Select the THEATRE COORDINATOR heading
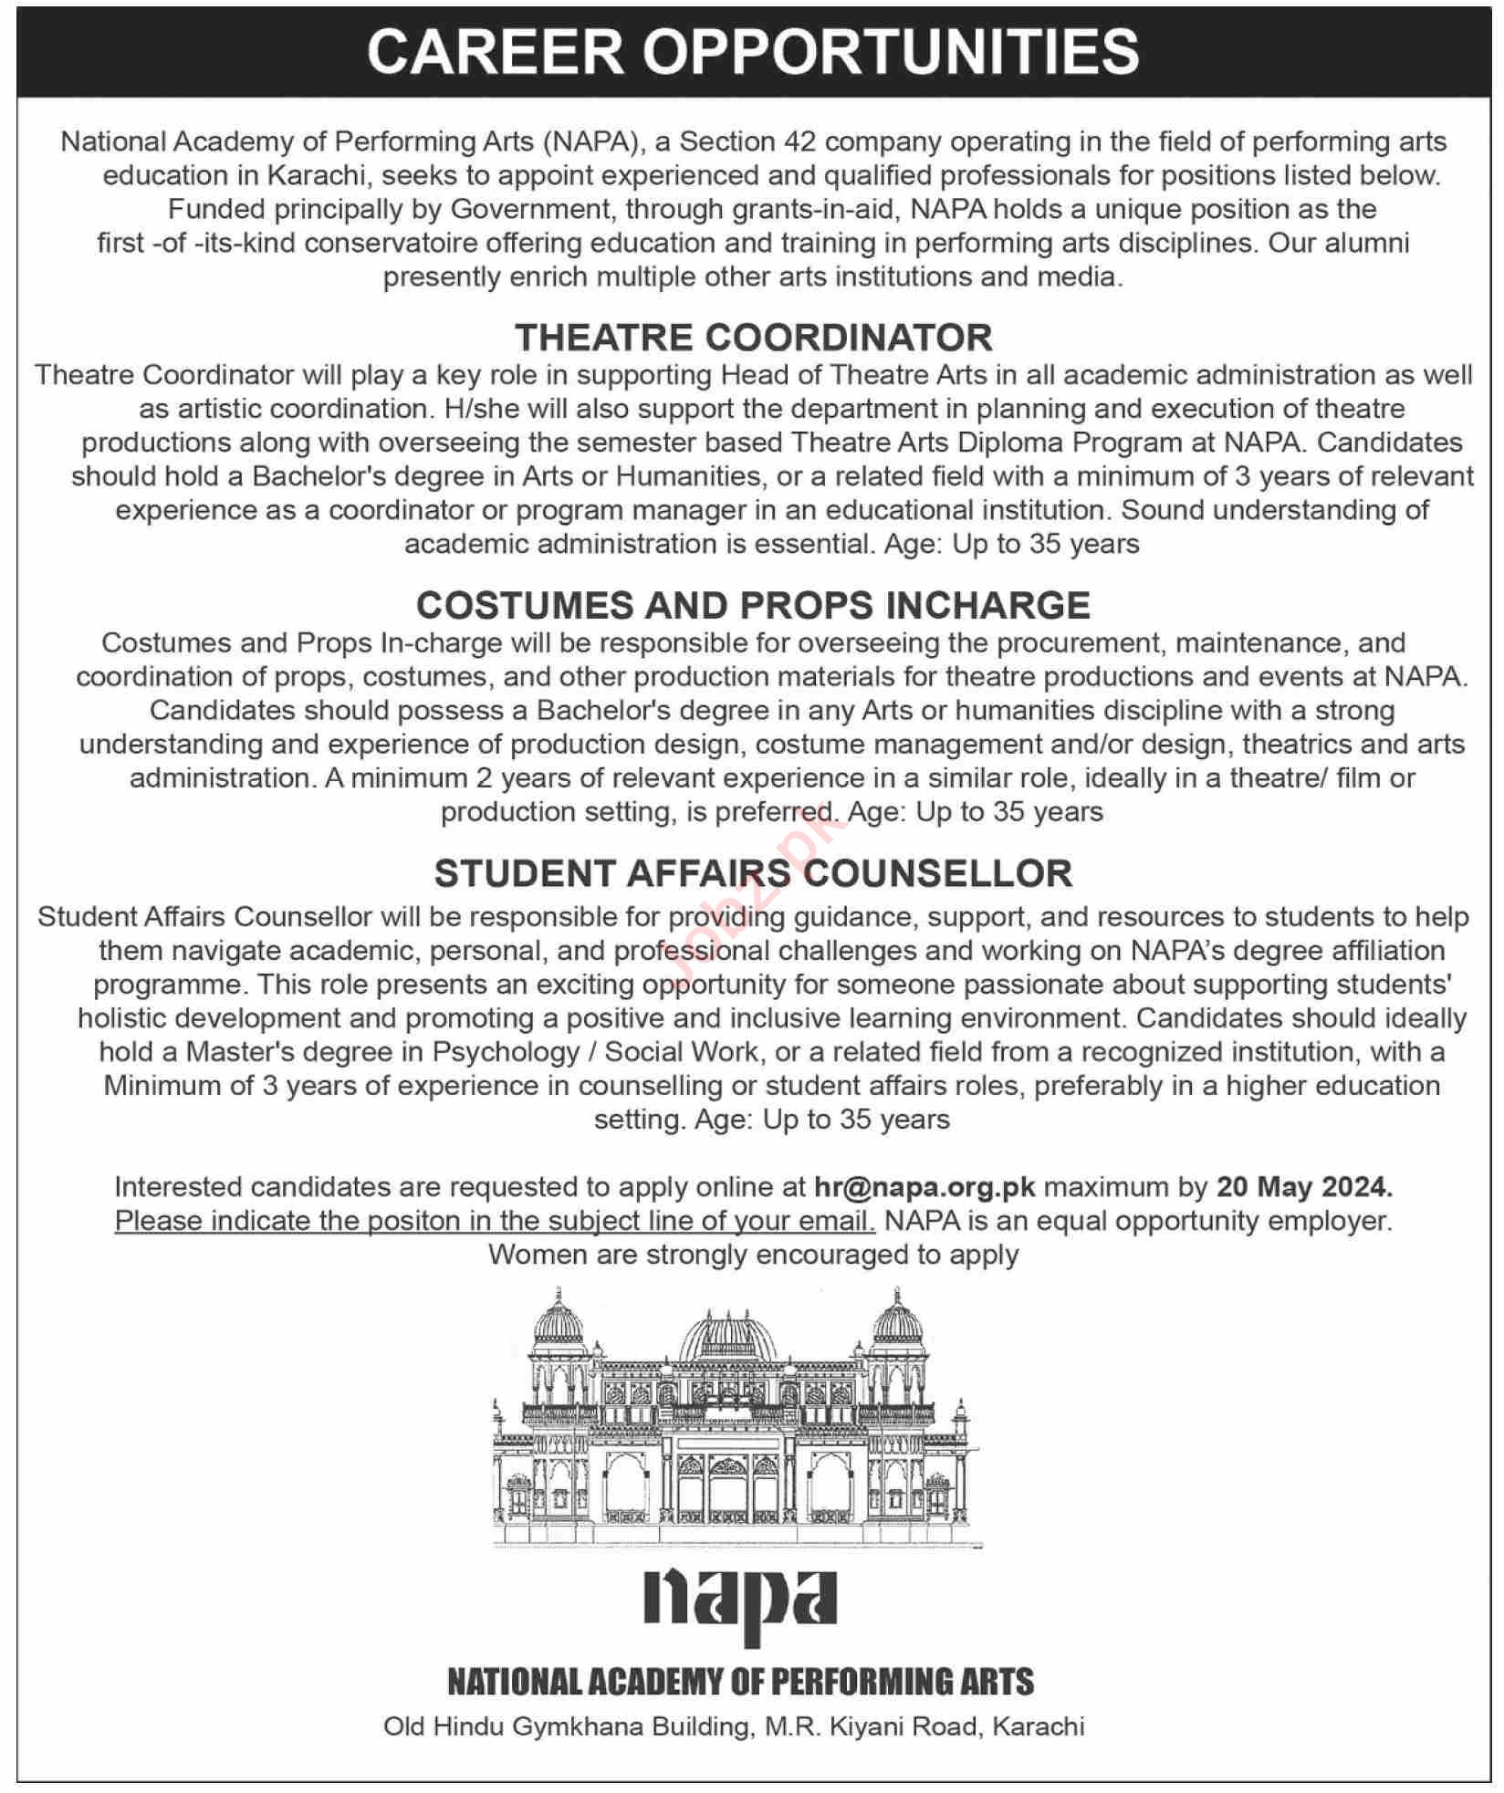(x=753, y=338)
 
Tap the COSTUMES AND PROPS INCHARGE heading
(x=753, y=606)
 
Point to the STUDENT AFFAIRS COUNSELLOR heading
(x=753, y=873)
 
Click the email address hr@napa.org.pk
(x=924, y=1187)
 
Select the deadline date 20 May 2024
(x=1304, y=1187)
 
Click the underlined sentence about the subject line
(x=495, y=1221)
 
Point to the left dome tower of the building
(x=558, y=1323)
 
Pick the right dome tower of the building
(x=898, y=1323)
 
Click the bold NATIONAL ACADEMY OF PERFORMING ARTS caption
(x=740, y=1682)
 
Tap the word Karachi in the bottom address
(x=1038, y=1726)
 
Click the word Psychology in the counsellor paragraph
(x=506, y=1052)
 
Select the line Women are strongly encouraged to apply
(x=753, y=1255)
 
